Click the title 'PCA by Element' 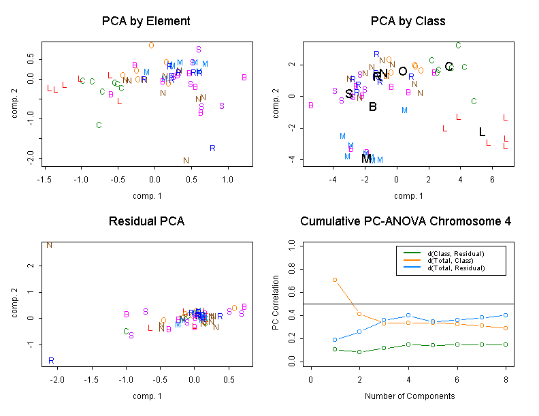tap(146, 21)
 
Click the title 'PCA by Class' tap(408, 21)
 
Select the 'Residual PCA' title tap(146, 222)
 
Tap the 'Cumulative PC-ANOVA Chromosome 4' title tap(406, 222)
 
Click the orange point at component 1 tap(335, 280)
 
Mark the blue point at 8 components tap(504, 315)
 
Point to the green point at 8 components tap(504, 345)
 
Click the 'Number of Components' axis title tap(409, 396)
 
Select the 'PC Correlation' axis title tap(276, 303)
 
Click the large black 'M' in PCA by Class tap(366, 159)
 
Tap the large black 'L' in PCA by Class tap(482, 132)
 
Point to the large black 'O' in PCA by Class tap(402, 71)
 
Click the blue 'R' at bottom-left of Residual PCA tap(51, 360)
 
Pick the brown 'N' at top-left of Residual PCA tap(49, 244)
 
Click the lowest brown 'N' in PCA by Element tap(186, 161)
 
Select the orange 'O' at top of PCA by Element tap(151, 45)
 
